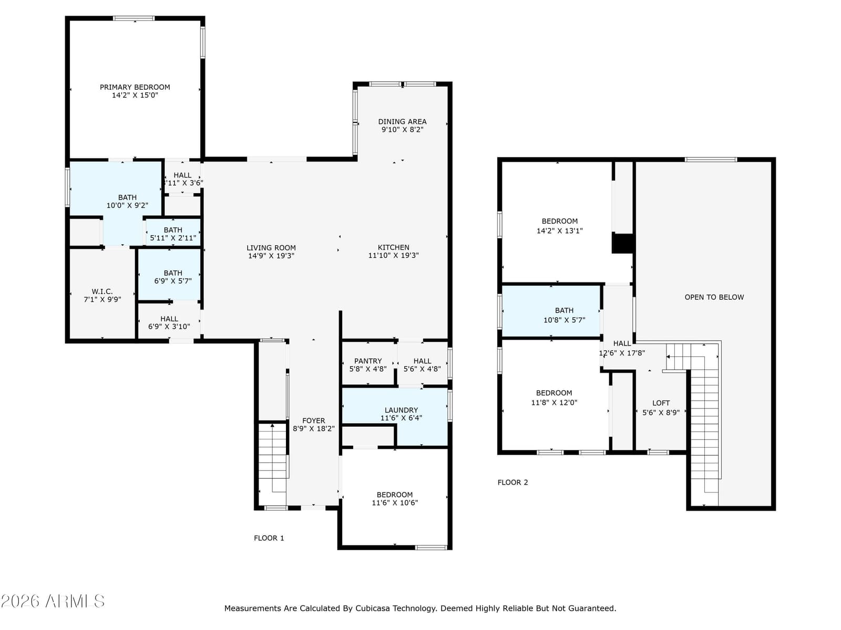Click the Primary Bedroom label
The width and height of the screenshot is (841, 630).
135,87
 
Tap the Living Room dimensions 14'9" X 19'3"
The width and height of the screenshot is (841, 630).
271,256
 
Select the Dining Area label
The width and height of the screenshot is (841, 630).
402,122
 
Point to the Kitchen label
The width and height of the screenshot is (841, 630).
394,247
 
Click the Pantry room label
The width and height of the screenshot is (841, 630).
368,361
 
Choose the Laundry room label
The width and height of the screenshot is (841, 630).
401,410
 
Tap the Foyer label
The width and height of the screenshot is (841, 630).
313,421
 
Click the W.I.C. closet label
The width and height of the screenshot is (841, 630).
102,291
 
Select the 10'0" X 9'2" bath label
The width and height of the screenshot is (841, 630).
127,202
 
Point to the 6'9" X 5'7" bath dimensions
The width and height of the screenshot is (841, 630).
173,281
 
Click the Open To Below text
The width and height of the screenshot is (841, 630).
714,297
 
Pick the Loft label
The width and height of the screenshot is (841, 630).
661,403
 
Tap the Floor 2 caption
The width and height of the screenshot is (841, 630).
512,482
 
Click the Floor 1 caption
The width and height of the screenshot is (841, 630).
269,538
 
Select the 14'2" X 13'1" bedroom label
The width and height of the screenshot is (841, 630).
559,226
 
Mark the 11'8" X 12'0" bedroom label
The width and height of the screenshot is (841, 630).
554,397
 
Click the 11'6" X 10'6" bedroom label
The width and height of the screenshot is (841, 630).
395,499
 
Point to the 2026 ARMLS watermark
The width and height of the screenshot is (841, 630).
53,601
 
